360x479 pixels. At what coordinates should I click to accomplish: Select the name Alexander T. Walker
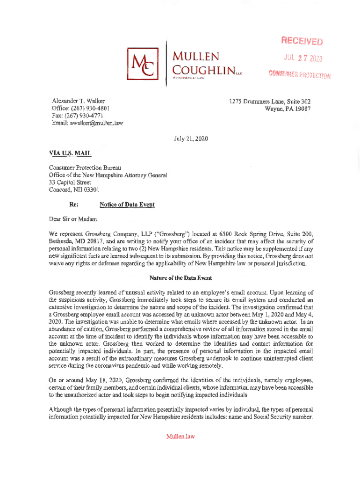click(x=78, y=101)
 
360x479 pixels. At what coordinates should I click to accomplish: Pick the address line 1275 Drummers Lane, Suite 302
click(x=270, y=101)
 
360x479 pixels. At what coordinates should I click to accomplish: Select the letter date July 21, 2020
click(x=189, y=138)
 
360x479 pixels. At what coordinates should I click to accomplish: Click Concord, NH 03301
click(x=74, y=190)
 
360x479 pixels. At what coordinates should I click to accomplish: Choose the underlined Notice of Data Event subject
click(x=127, y=204)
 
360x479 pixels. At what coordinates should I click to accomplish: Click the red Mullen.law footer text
click(x=180, y=436)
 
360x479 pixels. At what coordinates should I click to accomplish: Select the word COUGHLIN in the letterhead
click(x=203, y=73)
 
